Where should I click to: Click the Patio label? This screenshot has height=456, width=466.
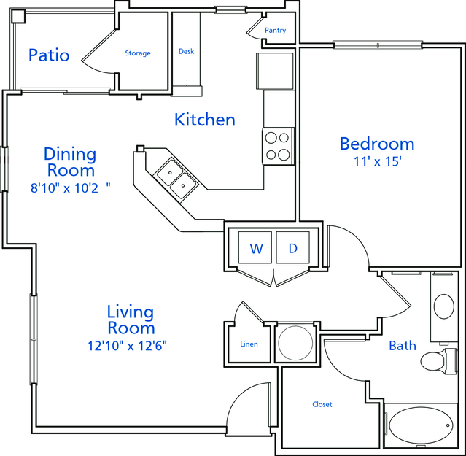point(49,55)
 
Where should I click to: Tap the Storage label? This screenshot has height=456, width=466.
point(138,53)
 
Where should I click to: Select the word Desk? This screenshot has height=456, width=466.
point(187,51)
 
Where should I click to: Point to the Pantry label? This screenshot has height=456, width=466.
point(275,31)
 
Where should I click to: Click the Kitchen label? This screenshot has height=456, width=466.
point(205,120)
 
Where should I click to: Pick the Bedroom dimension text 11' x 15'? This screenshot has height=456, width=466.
point(378,162)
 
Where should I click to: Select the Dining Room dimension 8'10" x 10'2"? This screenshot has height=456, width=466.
point(71,188)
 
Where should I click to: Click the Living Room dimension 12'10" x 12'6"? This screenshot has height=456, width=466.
point(127,346)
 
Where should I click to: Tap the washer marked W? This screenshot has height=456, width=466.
point(255,247)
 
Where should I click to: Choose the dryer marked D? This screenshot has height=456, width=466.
point(292,247)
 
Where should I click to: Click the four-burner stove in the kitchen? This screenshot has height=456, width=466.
point(278,146)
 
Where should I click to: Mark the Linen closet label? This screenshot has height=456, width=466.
point(249,344)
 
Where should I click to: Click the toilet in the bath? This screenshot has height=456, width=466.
point(438,361)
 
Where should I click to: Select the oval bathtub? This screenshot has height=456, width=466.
point(421,425)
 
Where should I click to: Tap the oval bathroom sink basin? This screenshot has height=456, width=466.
point(444,306)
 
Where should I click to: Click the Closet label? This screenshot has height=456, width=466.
point(322,404)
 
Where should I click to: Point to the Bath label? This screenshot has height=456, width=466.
point(403,346)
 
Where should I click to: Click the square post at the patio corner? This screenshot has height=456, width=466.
point(18,16)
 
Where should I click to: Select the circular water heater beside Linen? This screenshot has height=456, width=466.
point(295,343)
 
